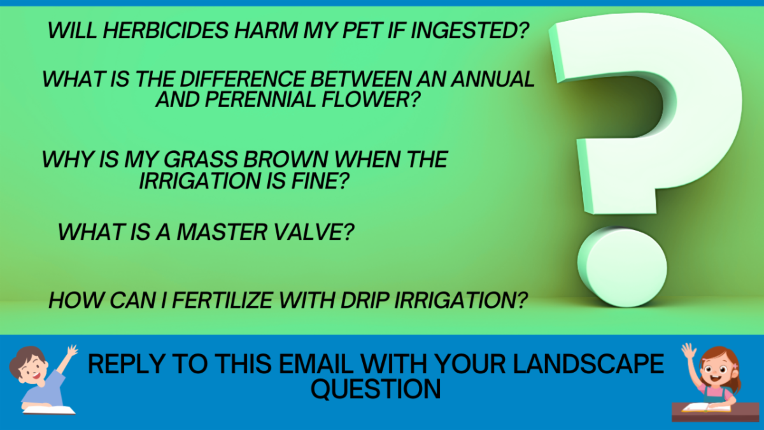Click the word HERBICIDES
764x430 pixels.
(x=166, y=30)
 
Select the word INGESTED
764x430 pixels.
(x=470, y=30)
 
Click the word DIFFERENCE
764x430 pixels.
(x=242, y=79)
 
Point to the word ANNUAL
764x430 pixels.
(x=493, y=79)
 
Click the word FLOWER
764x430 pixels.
(x=371, y=99)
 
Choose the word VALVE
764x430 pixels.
(x=314, y=232)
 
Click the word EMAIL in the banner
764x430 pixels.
(x=316, y=364)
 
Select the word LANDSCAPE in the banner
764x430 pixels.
(x=588, y=364)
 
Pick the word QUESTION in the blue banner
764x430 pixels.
(x=376, y=389)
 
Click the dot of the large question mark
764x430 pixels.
(x=622, y=267)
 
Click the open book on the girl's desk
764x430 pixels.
(x=706, y=408)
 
